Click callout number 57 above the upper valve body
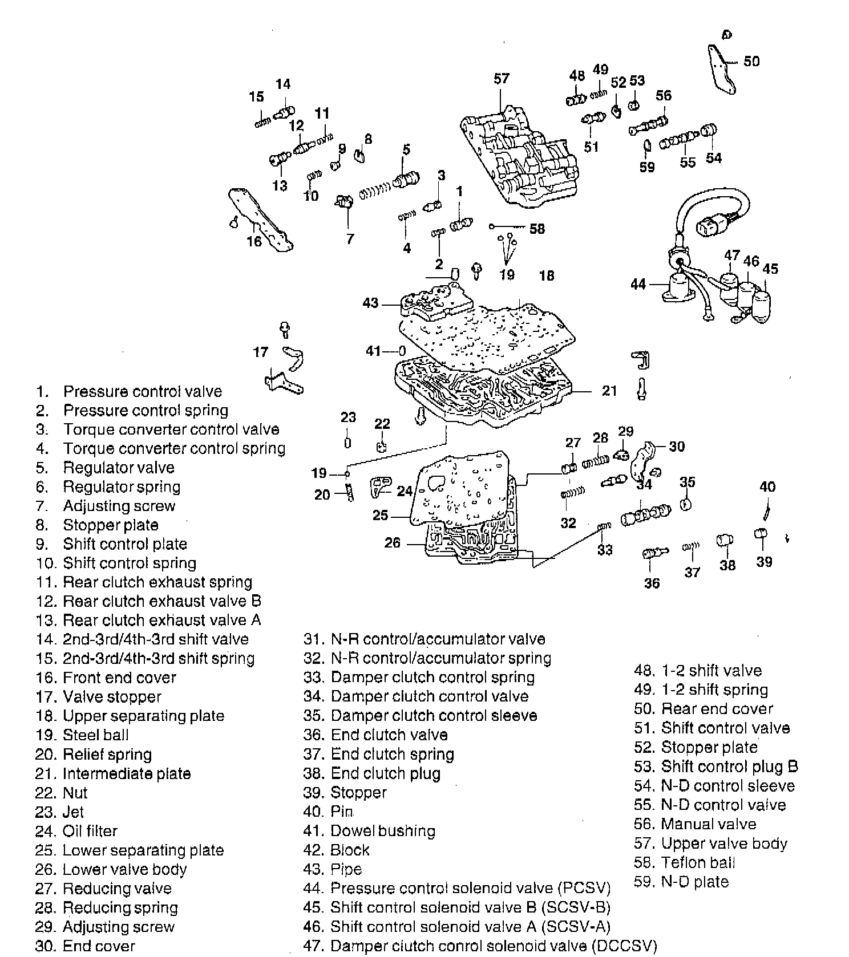click(501, 79)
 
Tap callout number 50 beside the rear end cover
click(751, 61)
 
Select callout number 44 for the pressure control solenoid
click(638, 283)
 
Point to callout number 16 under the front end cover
click(254, 241)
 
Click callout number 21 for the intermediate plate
click(609, 391)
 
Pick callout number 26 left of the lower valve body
click(392, 542)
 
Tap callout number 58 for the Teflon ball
click(537, 229)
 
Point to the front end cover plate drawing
click(260, 220)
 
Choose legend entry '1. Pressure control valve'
click(129, 391)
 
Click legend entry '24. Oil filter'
click(76, 831)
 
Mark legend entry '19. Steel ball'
click(82, 735)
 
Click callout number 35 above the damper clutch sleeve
click(687, 482)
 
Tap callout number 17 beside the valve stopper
click(260, 352)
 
